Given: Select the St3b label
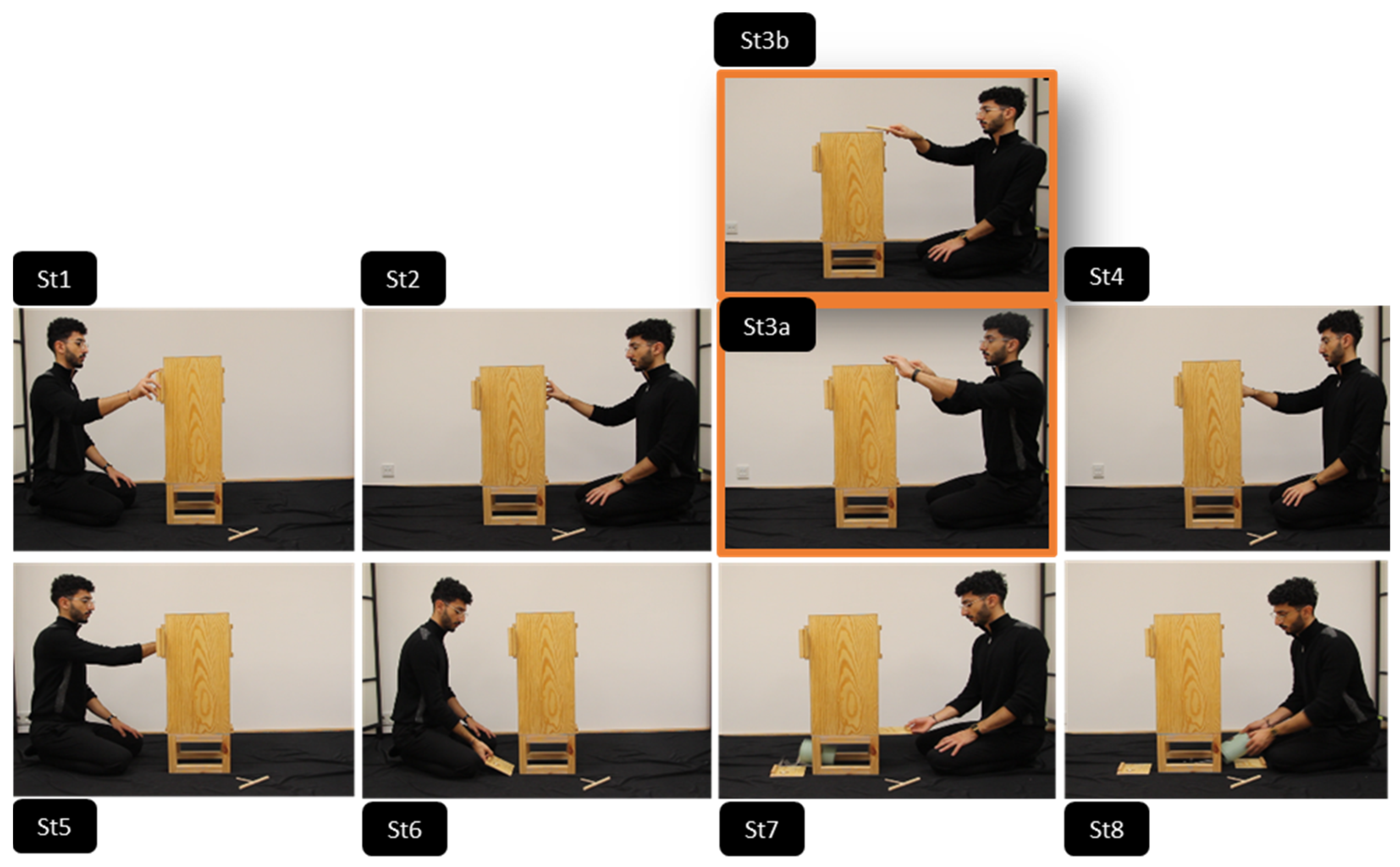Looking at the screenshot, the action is coord(764,40).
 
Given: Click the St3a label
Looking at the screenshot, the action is coord(767,326).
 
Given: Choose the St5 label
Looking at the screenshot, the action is coord(55,826).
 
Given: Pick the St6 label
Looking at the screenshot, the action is coord(404,829).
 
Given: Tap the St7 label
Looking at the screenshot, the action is coord(762,829).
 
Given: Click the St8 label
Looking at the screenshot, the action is coord(1106,829).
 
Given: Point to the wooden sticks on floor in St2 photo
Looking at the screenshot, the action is coord(568,534).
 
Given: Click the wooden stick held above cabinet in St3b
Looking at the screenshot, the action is coord(878,129).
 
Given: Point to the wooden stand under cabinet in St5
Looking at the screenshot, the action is coord(199,753).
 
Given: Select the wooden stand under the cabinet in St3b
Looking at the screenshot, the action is coord(854,260).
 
